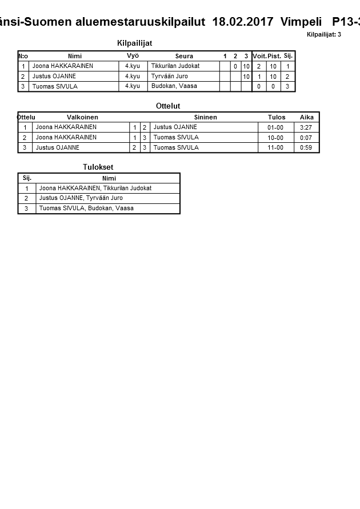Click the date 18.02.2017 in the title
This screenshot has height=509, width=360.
[x=243, y=22]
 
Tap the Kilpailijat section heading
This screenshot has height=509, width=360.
[x=134, y=43]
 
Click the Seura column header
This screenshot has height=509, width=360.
[x=184, y=56]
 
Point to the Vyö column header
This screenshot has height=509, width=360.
[x=133, y=56]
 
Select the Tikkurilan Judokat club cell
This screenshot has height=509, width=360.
[x=175, y=66]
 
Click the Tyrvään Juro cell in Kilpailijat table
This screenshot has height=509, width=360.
[x=169, y=77]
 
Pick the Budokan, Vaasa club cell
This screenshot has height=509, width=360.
[x=174, y=86]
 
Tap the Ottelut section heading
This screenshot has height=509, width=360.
[x=168, y=106]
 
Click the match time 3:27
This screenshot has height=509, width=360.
[x=306, y=127]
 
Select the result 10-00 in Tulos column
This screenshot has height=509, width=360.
[x=275, y=138]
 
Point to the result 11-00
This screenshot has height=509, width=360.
[x=275, y=148]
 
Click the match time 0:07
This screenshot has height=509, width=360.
[x=306, y=138]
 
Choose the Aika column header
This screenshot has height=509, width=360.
[x=307, y=117]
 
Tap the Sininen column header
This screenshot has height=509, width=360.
[x=205, y=117]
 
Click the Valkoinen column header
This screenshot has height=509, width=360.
[x=82, y=117]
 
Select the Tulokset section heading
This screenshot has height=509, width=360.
[x=98, y=167]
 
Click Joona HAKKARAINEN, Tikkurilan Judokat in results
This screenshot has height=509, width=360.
[x=95, y=188]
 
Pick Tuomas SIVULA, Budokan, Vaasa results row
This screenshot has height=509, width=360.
[x=86, y=209]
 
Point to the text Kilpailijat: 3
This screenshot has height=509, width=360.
[x=323, y=35]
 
